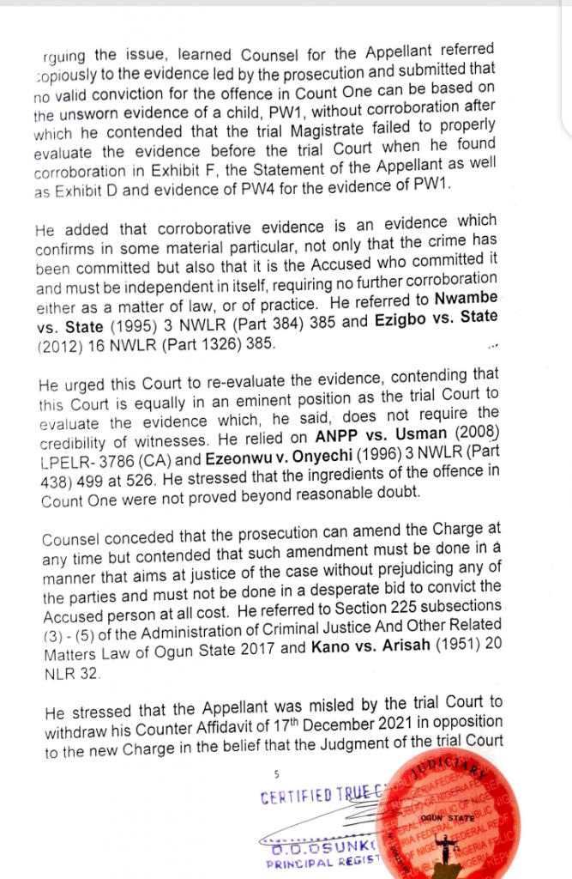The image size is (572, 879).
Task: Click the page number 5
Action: (276, 773)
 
